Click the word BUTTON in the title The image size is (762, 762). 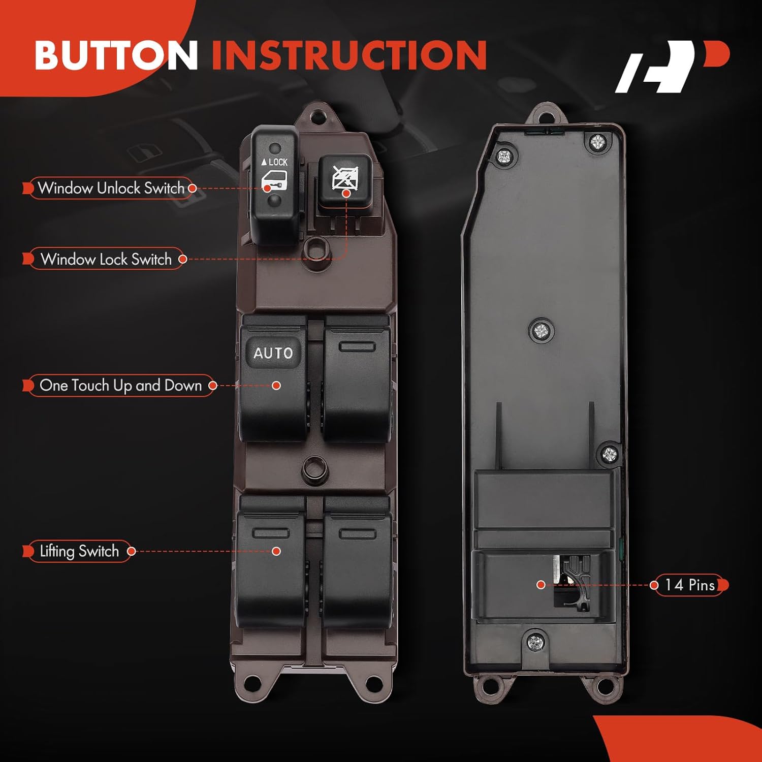pyautogui.click(x=116, y=54)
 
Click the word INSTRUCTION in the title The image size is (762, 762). pyautogui.click(x=349, y=54)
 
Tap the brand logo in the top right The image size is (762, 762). pyautogui.click(x=672, y=67)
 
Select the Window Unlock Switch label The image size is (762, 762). pyautogui.click(x=111, y=188)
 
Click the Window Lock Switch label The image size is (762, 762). pyautogui.click(x=106, y=259)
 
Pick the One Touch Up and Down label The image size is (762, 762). pyautogui.click(x=120, y=386)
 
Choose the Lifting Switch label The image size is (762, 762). pyautogui.click(x=79, y=551)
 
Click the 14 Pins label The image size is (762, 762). pyautogui.click(x=690, y=585)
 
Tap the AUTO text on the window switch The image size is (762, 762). pyautogui.click(x=273, y=353)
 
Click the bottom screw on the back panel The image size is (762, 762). pyautogui.click(x=536, y=643)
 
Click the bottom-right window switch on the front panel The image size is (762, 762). pyautogui.click(x=357, y=564)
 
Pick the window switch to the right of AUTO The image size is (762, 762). pyautogui.click(x=357, y=378)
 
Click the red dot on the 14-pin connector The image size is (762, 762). pyautogui.click(x=541, y=585)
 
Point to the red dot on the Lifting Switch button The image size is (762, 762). pyautogui.click(x=276, y=551)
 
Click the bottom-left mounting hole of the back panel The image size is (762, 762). pyautogui.click(x=488, y=685)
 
